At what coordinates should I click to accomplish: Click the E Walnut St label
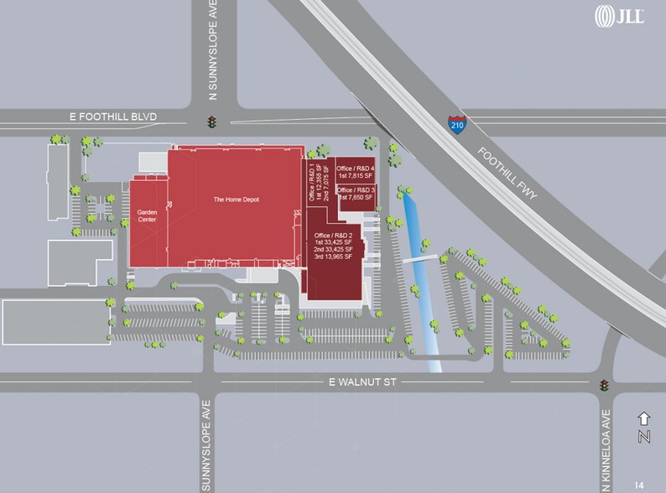point(362,382)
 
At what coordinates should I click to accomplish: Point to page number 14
point(640,485)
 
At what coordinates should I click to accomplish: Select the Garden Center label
point(147,217)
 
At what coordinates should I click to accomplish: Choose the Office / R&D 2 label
point(334,231)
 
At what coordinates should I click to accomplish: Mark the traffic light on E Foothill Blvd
point(213,122)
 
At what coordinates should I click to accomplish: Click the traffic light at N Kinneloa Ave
point(604,386)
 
